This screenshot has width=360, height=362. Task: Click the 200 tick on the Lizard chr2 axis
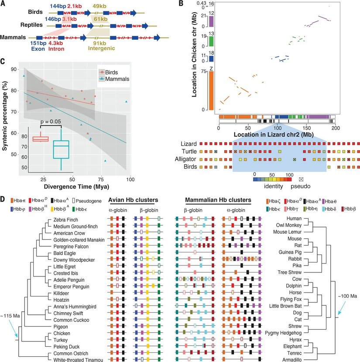click(x=336, y=129)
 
